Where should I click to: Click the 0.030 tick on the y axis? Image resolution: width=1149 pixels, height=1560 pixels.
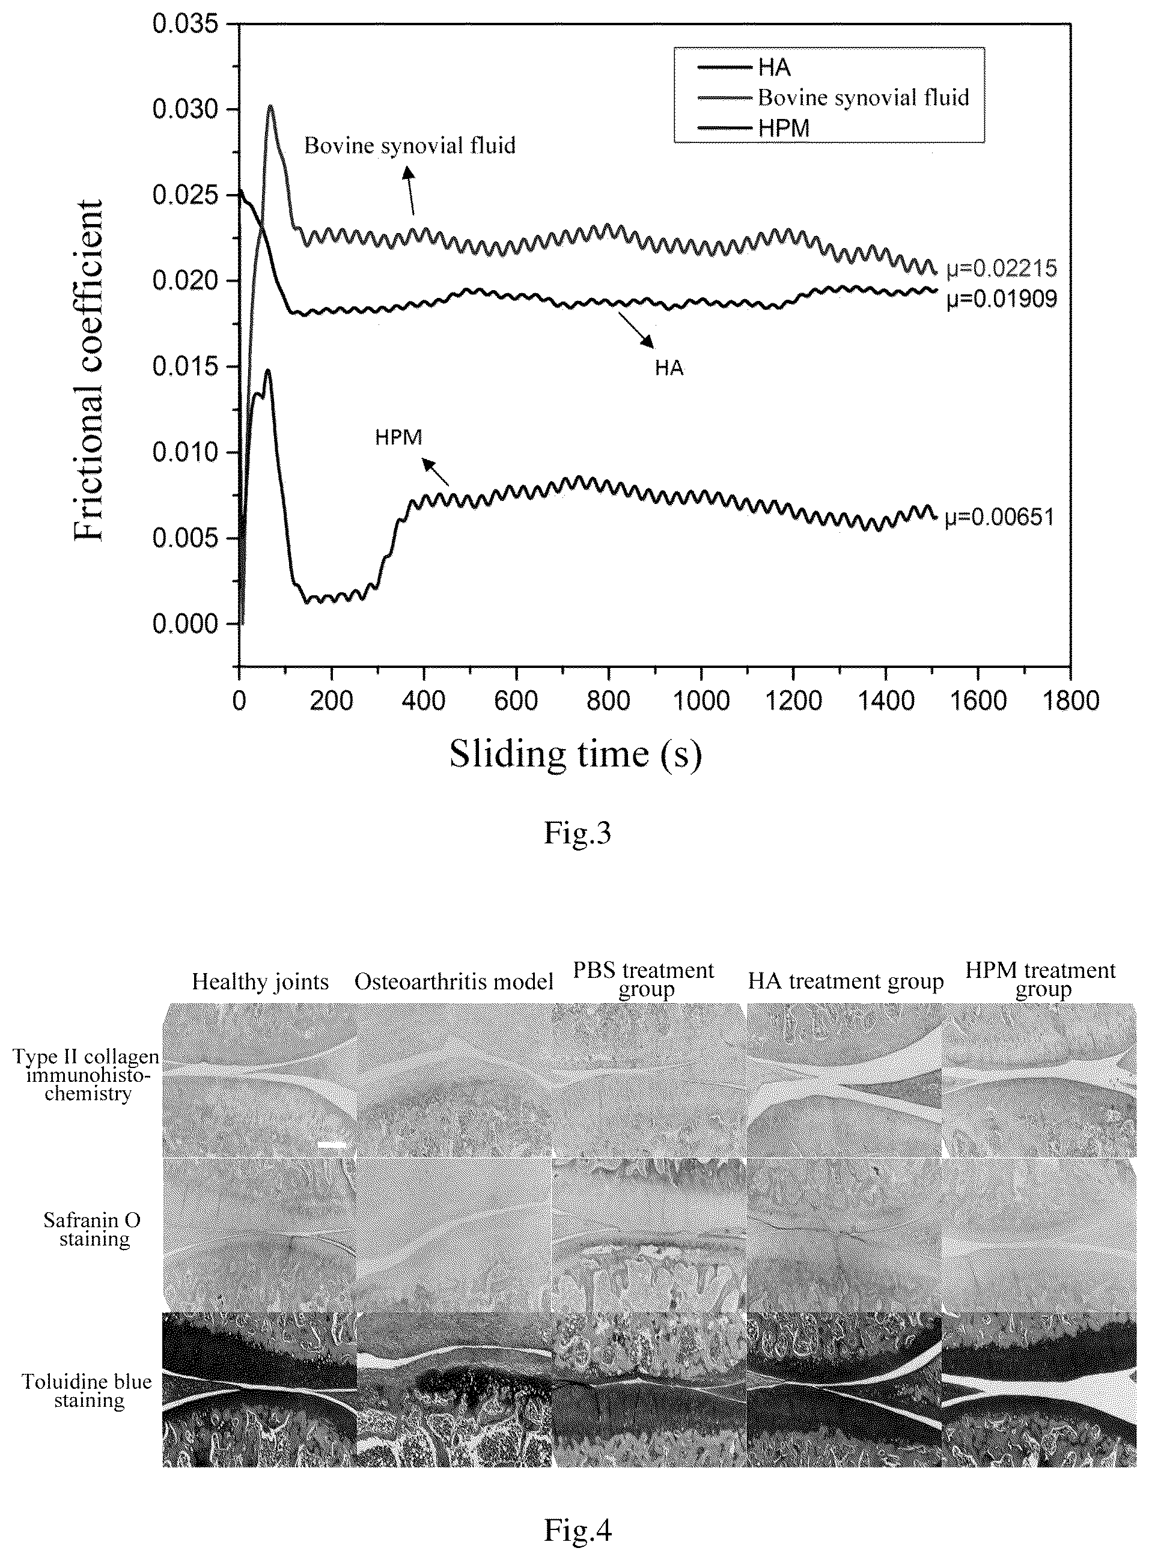tap(235, 110)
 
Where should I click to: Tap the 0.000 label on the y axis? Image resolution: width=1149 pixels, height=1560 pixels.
tap(185, 624)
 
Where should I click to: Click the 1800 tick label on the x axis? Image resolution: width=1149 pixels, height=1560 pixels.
tap(1070, 700)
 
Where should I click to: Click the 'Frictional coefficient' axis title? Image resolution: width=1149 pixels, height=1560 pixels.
tap(89, 371)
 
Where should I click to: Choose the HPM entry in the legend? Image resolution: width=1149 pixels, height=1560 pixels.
tap(754, 128)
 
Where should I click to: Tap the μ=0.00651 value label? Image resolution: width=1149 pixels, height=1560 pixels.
tap(999, 517)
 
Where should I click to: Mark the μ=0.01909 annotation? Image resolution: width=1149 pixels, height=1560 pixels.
tap(1002, 299)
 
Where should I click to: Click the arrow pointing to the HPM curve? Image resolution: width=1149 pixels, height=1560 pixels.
tap(436, 472)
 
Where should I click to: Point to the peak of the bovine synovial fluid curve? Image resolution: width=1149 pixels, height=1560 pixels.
tap(270, 106)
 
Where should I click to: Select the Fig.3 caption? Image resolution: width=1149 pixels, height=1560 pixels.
tap(578, 832)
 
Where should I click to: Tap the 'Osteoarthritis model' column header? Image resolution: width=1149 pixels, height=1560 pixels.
tap(454, 982)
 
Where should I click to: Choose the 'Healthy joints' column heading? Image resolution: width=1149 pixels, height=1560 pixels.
tap(260, 982)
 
